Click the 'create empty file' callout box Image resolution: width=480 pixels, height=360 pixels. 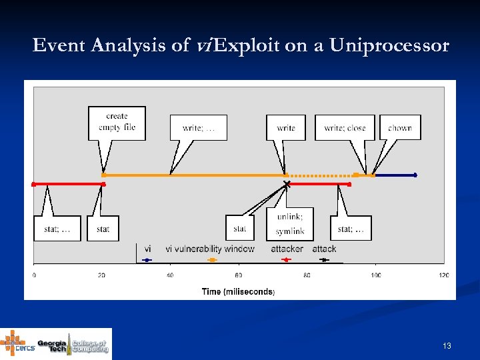click(x=117, y=122)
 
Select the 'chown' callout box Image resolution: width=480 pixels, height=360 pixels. click(x=400, y=127)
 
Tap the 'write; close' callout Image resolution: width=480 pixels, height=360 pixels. click(x=345, y=127)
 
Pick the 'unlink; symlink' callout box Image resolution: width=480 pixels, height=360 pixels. click(x=290, y=223)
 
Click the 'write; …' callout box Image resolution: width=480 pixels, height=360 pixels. click(x=199, y=127)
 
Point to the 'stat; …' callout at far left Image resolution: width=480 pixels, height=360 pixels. click(x=57, y=229)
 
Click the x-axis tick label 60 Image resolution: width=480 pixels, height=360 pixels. click(x=239, y=275)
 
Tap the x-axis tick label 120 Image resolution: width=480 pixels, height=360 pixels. click(x=443, y=275)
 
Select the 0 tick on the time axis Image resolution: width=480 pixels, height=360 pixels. click(x=34, y=275)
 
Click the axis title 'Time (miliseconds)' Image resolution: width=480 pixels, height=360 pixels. click(x=238, y=291)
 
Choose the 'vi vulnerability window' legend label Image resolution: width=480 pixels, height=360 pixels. click(x=210, y=249)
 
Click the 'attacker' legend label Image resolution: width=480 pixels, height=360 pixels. click(x=287, y=249)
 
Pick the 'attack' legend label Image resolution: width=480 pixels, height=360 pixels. click(x=324, y=249)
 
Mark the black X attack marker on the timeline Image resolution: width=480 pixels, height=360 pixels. click(x=287, y=183)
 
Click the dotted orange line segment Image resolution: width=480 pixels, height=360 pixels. click(x=320, y=175)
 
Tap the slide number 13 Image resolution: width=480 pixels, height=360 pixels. click(x=447, y=346)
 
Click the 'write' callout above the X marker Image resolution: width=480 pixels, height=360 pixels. click(x=286, y=127)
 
